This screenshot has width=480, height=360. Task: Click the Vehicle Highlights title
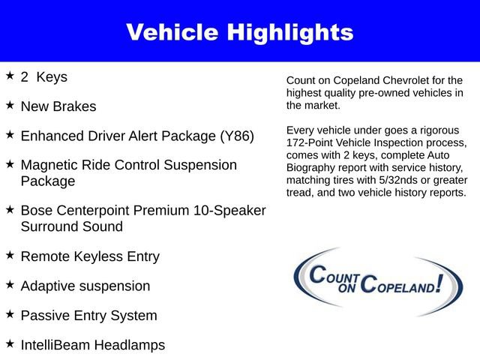[x=239, y=32]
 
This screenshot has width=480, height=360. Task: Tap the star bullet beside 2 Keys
[x=10, y=76]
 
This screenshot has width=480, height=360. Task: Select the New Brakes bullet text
[x=58, y=106]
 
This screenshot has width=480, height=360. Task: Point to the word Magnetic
[x=52, y=165]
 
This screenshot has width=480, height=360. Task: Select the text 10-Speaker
[x=230, y=211]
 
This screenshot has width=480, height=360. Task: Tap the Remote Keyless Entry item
[x=90, y=256]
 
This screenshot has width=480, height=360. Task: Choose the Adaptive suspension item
[x=85, y=286]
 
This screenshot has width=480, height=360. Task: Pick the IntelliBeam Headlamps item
[x=93, y=345]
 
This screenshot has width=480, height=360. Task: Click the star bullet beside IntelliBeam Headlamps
[x=10, y=343]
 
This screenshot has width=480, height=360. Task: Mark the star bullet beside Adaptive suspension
[x=10, y=284]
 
